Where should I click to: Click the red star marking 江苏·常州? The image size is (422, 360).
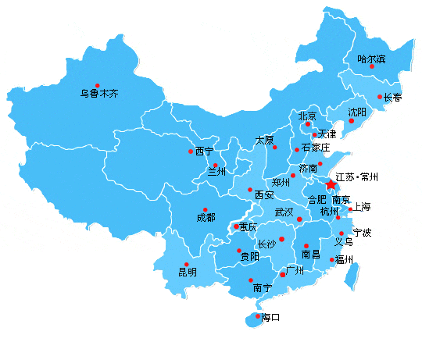coord(331,185)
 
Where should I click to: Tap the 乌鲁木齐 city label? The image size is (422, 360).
coord(99,94)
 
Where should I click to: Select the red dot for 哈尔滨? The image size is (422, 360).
coord(372,66)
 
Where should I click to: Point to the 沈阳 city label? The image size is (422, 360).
coord(356,112)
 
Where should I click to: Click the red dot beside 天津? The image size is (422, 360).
coord(315,134)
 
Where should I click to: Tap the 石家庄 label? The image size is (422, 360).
coord(316,148)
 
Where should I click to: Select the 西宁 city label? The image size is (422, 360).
coord(204,151)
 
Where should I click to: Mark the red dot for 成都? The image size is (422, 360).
coord(205,209)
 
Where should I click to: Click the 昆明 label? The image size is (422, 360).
coord(188,273)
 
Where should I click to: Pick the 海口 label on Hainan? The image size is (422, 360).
coord(270,318)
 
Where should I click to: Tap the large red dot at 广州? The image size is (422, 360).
coord(283,275)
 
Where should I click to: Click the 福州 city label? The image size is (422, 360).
coord(344,260)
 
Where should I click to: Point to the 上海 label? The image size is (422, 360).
coord(362,207)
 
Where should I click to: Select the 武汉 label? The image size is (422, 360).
coord(284,212)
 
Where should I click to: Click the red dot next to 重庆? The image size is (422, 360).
coord(237,227)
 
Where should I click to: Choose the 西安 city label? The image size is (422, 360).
coord(263,194)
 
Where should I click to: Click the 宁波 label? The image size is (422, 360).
coord(362,233)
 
